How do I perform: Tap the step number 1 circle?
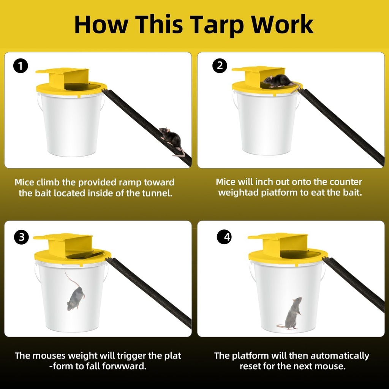point(21,66)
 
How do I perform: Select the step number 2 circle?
point(220,66)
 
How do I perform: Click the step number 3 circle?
point(21,237)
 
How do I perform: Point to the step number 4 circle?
point(224,237)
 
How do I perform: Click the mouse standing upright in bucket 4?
point(293,313)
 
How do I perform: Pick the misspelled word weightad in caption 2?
point(238,193)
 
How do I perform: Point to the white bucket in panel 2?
point(266,122)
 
